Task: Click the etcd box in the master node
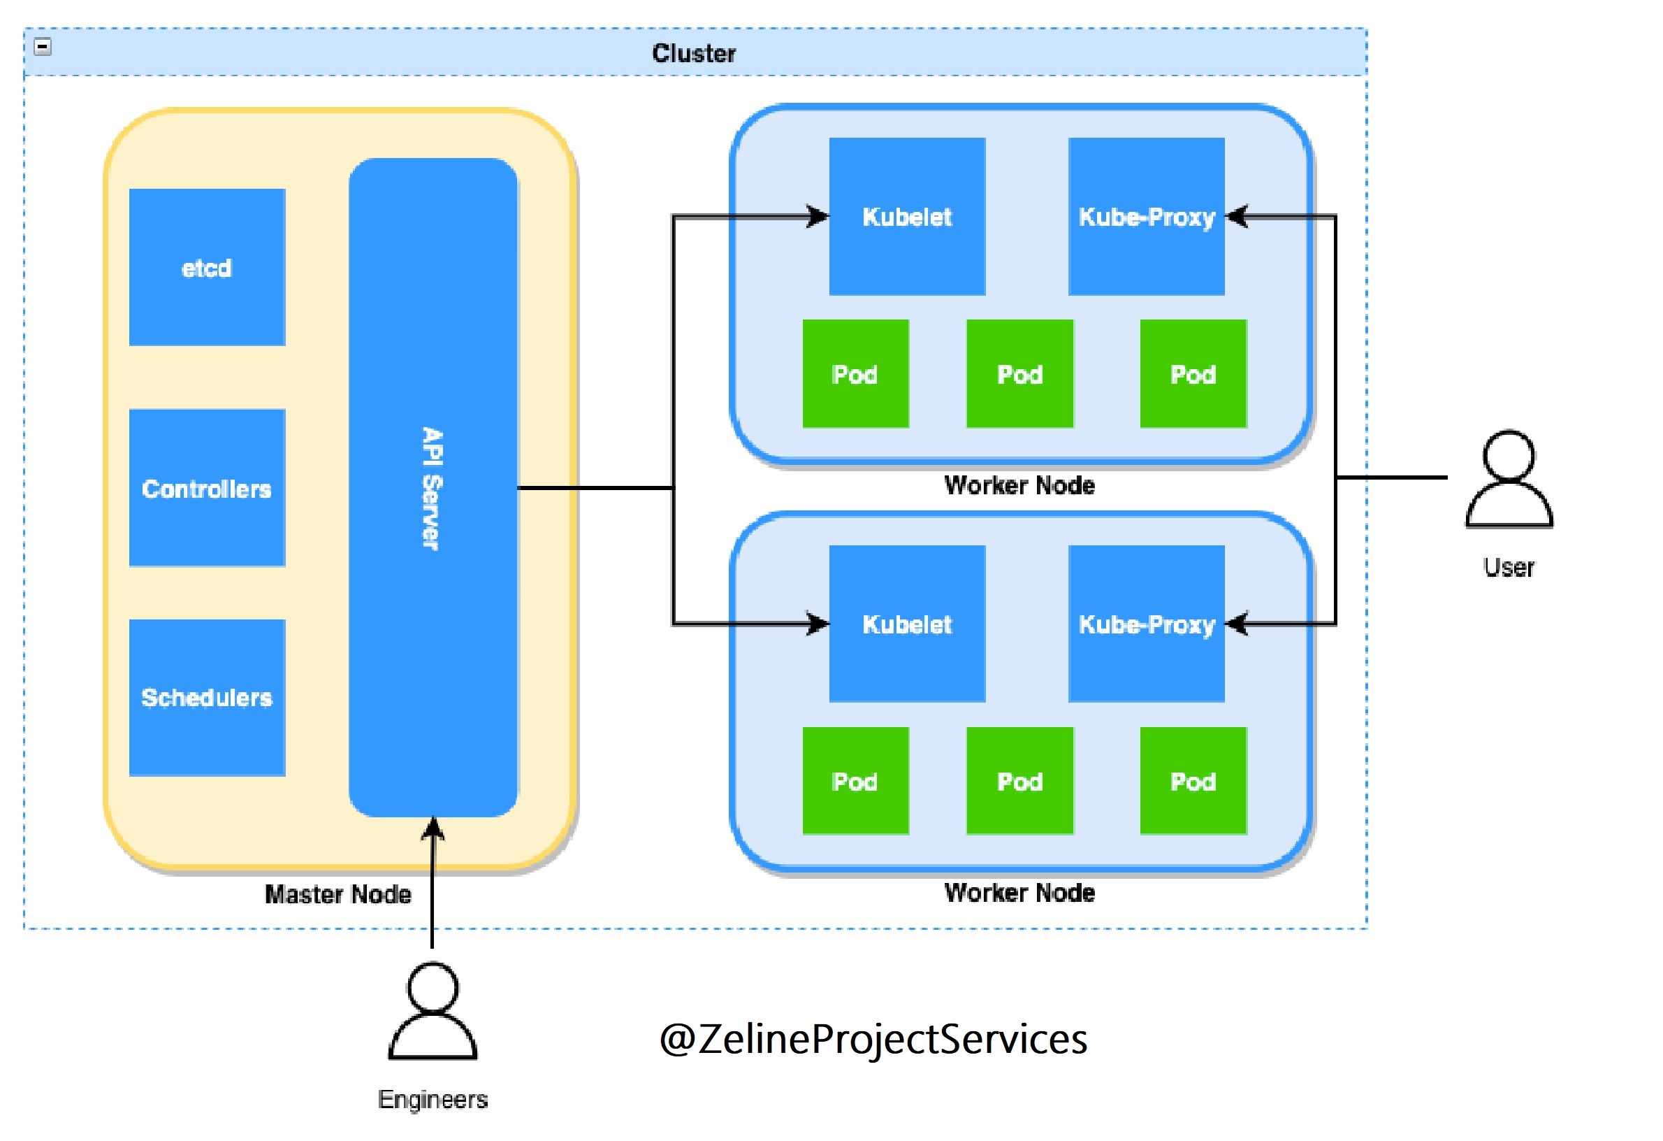207,268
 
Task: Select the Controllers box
207,489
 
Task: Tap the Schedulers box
207,698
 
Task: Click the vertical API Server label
433,489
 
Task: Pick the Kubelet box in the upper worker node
907,216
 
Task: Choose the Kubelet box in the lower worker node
907,624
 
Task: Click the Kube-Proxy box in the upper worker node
1147,216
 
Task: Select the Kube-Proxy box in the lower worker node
1147,624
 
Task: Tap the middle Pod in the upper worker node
1019,373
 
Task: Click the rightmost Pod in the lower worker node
1193,781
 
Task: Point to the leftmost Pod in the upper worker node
855,373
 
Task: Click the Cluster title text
693,53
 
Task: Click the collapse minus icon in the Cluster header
43,47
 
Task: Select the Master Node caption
337,894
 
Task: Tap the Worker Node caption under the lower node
1019,893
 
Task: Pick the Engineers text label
433,1099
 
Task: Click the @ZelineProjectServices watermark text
873,1039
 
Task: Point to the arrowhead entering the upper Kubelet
818,216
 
